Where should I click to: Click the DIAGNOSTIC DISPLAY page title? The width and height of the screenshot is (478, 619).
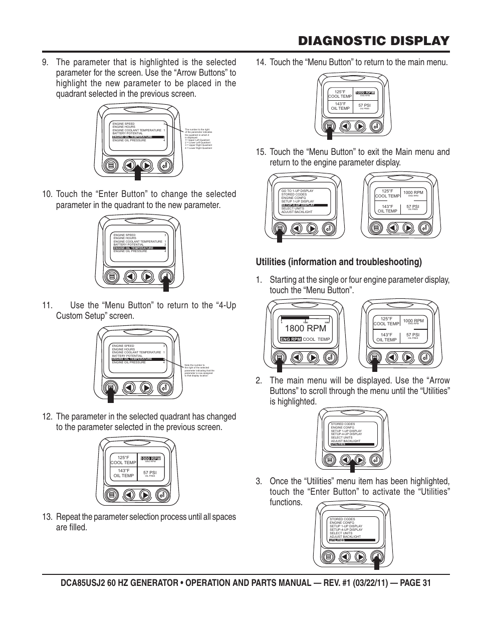coord(372,41)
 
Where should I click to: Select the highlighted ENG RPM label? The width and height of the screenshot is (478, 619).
coord(291,339)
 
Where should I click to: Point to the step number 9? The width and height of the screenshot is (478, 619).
coord(47,62)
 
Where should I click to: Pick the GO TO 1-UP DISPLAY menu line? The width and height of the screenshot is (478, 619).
coord(297,191)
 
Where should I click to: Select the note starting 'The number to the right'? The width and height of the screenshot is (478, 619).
coord(199,139)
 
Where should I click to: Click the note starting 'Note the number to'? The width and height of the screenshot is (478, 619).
coord(199,371)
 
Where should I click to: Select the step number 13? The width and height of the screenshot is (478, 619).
coord(48,517)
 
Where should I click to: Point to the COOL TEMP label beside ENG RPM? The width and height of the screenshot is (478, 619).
coord(316,339)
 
